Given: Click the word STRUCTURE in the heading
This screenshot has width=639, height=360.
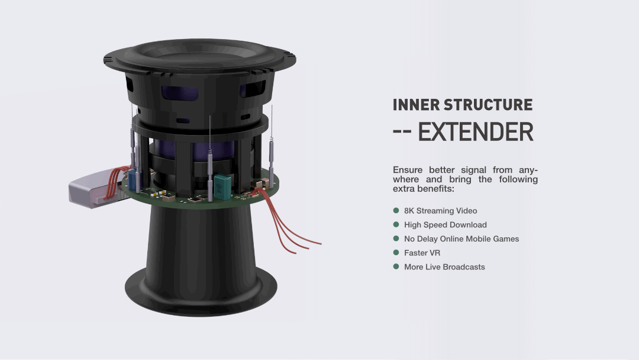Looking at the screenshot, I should (x=488, y=105).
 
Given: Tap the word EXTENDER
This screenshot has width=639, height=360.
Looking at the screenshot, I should (x=476, y=132).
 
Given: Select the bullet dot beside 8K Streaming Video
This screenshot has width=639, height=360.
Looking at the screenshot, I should (x=396, y=210).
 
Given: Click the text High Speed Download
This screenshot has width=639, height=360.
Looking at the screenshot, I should (x=445, y=225).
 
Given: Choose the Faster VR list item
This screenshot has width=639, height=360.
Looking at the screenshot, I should (x=422, y=253).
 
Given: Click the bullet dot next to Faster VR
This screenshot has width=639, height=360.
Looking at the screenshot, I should (x=396, y=253).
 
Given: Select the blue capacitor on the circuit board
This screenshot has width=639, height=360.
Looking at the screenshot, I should (x=135, y=178).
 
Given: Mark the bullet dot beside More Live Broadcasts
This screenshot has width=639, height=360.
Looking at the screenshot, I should (x=396, y=267).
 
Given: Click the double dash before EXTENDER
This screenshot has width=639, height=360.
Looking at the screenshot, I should (x=402, y=133).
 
